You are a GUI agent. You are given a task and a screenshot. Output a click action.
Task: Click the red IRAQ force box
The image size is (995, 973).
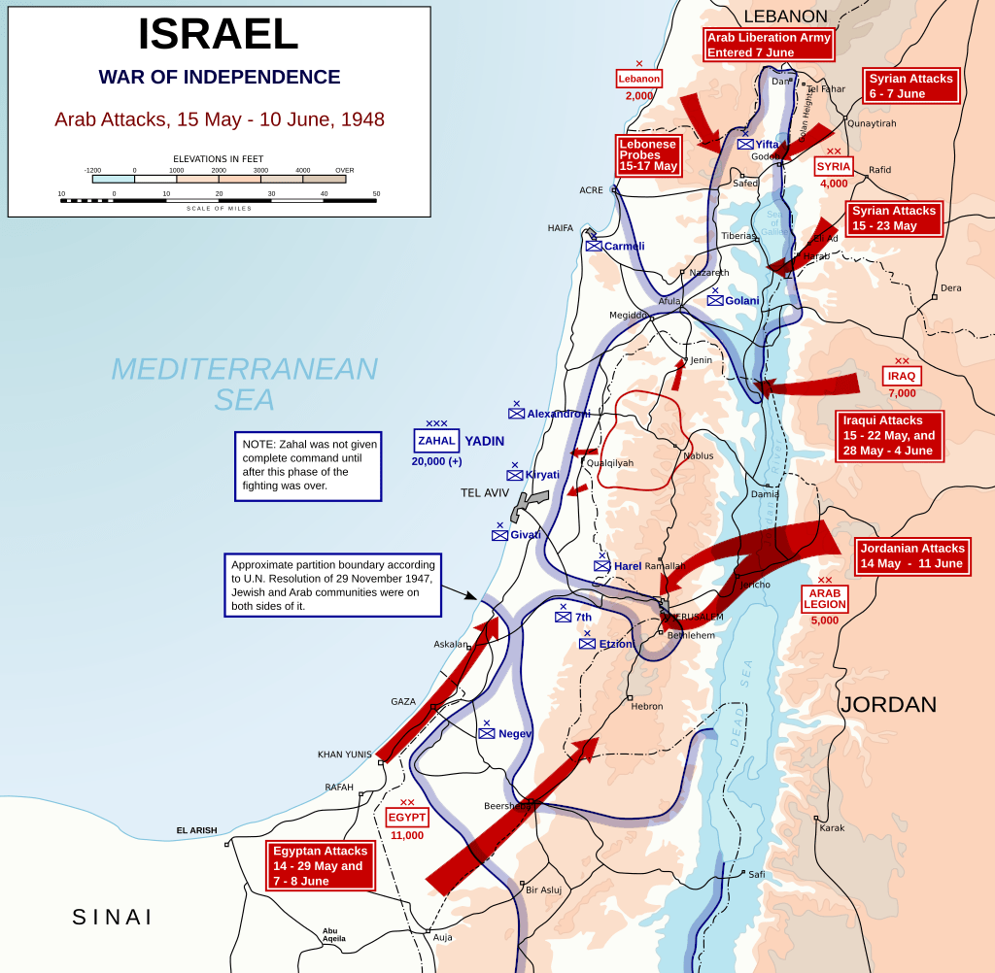[x=901, y=376]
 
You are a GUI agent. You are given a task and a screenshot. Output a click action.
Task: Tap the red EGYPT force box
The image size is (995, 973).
[x=407, y=818]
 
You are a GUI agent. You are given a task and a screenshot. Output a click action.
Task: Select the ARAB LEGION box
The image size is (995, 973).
[x=825, y=598]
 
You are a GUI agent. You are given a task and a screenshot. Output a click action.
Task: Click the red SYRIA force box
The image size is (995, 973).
[x=834, y=166]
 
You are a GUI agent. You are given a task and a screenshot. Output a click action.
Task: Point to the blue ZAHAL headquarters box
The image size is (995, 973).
[x=436, y=441]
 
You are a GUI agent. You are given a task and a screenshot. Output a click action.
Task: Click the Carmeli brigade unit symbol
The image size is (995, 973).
[x=594, y=246]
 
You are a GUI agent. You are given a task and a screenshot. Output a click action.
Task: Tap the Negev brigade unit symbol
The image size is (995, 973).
[x=487, y=733]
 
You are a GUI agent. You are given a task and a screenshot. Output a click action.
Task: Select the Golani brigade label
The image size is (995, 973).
[x=742, y=300]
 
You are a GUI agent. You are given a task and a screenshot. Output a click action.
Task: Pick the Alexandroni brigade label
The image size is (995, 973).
[x=559, y=414]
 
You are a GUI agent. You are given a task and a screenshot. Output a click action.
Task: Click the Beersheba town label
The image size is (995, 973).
[x=505, y=806]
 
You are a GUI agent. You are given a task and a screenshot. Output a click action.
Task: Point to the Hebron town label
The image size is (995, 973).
[x=646, y=706]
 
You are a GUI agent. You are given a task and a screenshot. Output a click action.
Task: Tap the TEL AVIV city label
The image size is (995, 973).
[x=485, y=493]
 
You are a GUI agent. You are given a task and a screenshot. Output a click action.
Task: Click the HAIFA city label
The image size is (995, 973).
[x=561, y=228]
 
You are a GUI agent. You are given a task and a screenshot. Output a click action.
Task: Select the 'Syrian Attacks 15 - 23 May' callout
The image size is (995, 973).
[x=894, y=218]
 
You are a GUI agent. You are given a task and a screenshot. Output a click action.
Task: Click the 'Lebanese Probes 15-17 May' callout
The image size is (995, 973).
[x=647, y=155]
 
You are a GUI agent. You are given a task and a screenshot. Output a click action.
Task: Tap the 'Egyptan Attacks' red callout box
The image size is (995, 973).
[x=320, y=865]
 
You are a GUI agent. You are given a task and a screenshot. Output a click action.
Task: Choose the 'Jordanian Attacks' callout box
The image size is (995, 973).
[x=910, y=555]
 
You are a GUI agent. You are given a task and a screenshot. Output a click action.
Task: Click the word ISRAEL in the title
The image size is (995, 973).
[x=219, y=35]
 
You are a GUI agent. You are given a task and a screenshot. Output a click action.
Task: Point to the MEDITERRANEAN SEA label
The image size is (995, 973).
[x=244, y=384]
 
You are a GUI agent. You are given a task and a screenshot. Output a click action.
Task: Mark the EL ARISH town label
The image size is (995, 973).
[x=196, y=830]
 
